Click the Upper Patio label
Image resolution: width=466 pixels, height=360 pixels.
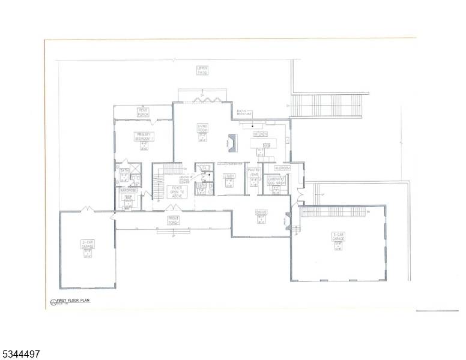[x=202, y=70]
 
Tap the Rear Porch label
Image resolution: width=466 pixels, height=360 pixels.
[x=143, y=111]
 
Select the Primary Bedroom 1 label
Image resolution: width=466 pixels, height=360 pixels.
[x=145, y=136]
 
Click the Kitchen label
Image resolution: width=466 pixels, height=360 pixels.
[x=260, y=134]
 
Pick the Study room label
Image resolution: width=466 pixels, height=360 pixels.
[x=229, y=176]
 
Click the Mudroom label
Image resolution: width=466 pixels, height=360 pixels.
[x=282, y=168]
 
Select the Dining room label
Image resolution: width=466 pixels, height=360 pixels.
[x=261, y=212]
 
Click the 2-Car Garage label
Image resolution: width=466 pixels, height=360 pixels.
[x=88, y=244]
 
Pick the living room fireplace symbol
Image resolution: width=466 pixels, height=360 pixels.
[x=232, y=143]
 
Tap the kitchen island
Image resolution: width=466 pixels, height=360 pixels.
[x=264, y=143]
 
